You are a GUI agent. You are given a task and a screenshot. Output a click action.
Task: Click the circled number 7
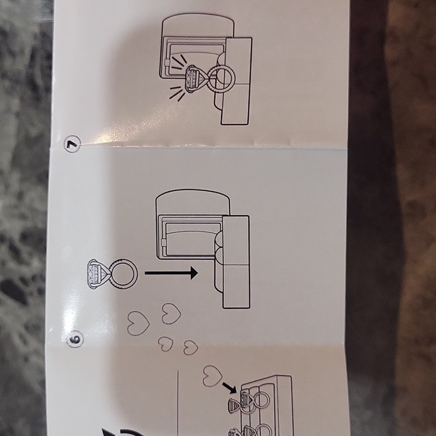(x=72, y=144)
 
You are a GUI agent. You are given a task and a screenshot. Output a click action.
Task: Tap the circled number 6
(x=75, y=339)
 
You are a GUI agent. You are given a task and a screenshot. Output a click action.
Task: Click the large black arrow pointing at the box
(x=171, y=273)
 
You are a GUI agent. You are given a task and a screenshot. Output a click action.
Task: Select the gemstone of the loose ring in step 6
(x=96, y=274)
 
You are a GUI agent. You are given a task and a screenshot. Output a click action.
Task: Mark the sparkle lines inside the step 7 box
(x=178, y=62)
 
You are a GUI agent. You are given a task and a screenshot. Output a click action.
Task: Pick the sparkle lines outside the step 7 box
(x=177, y=92)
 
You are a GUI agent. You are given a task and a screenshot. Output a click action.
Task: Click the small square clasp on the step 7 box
(x=167, y=63)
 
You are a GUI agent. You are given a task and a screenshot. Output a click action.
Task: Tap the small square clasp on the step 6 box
(x=164, y=244)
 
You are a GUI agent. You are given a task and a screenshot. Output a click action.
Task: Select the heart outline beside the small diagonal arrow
(x=213, y=376)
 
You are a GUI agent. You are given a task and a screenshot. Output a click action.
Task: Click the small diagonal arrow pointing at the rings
(x=229, y=388)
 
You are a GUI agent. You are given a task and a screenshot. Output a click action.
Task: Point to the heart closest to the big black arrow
(x=171, y=313)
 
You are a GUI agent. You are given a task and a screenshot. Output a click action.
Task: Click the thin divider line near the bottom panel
(x=177, y=403)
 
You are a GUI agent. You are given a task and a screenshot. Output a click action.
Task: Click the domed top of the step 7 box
(x=198, y=26)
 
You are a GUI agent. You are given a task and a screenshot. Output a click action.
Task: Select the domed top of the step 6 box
(x=192, y=202)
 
